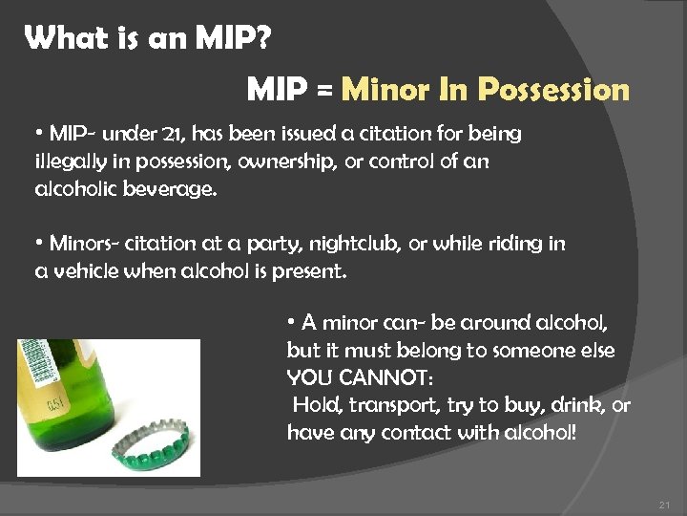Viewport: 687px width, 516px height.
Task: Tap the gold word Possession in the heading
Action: pyautogui.click(x=553, y=91)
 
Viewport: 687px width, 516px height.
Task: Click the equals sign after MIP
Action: pyautogui.click(x=323, y=92)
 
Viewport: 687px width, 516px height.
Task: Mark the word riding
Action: pyautogui.click(x=514, y=244)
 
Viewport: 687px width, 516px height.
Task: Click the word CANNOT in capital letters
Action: pyautogui.click(x=382, y=377)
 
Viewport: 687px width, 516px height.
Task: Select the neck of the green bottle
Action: pyautogui.click(x=48, y=373)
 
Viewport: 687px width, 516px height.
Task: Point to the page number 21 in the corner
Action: pyautogui.click(x=665, y=504)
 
